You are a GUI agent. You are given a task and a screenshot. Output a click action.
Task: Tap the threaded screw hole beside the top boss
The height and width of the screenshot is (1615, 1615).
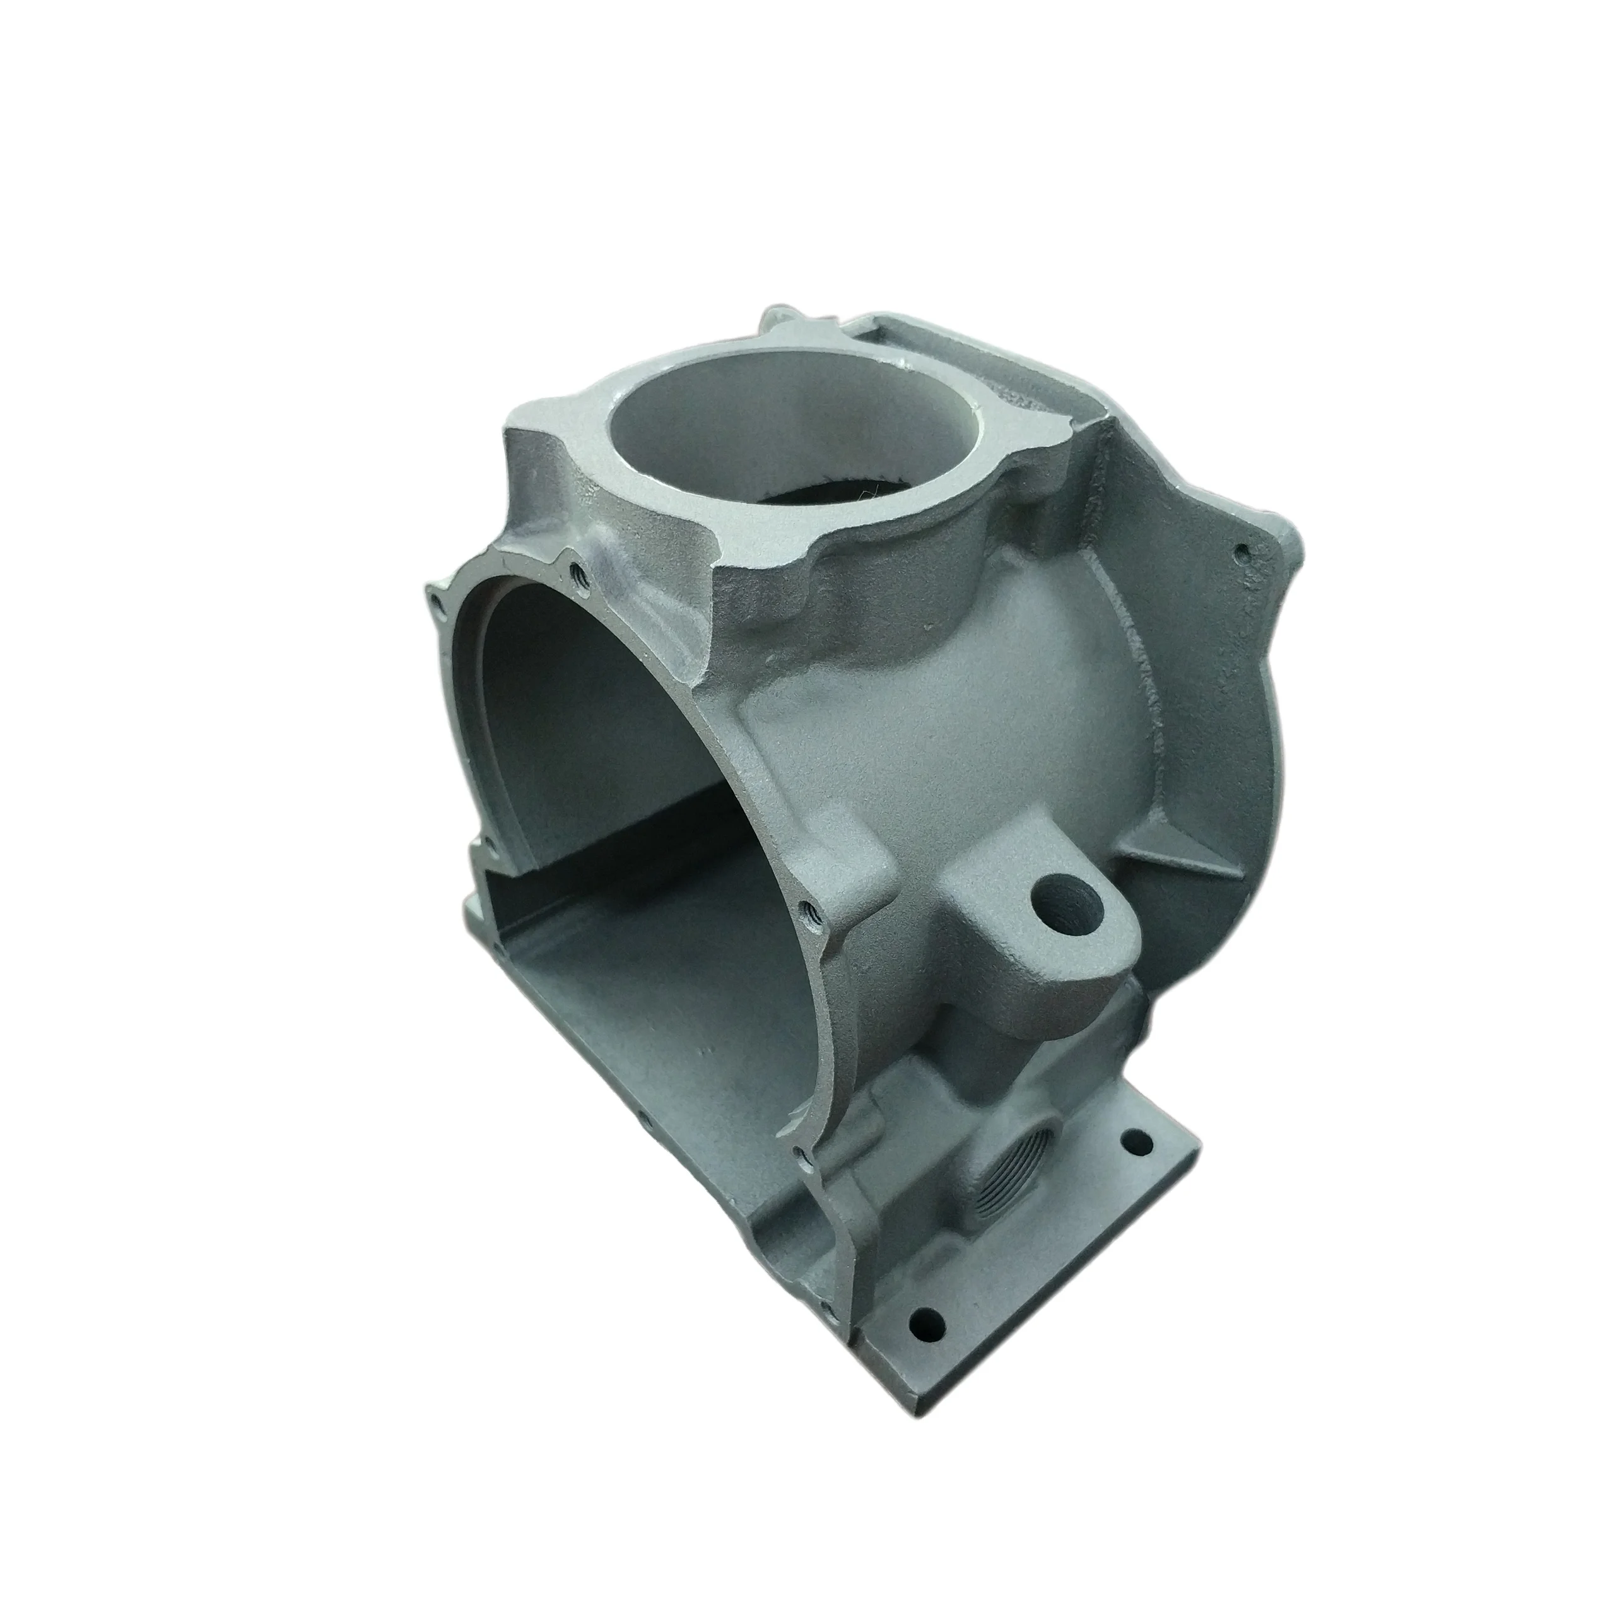click(575, 573)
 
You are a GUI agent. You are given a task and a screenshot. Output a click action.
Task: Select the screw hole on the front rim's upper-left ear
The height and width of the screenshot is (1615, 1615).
click(437, 600)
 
